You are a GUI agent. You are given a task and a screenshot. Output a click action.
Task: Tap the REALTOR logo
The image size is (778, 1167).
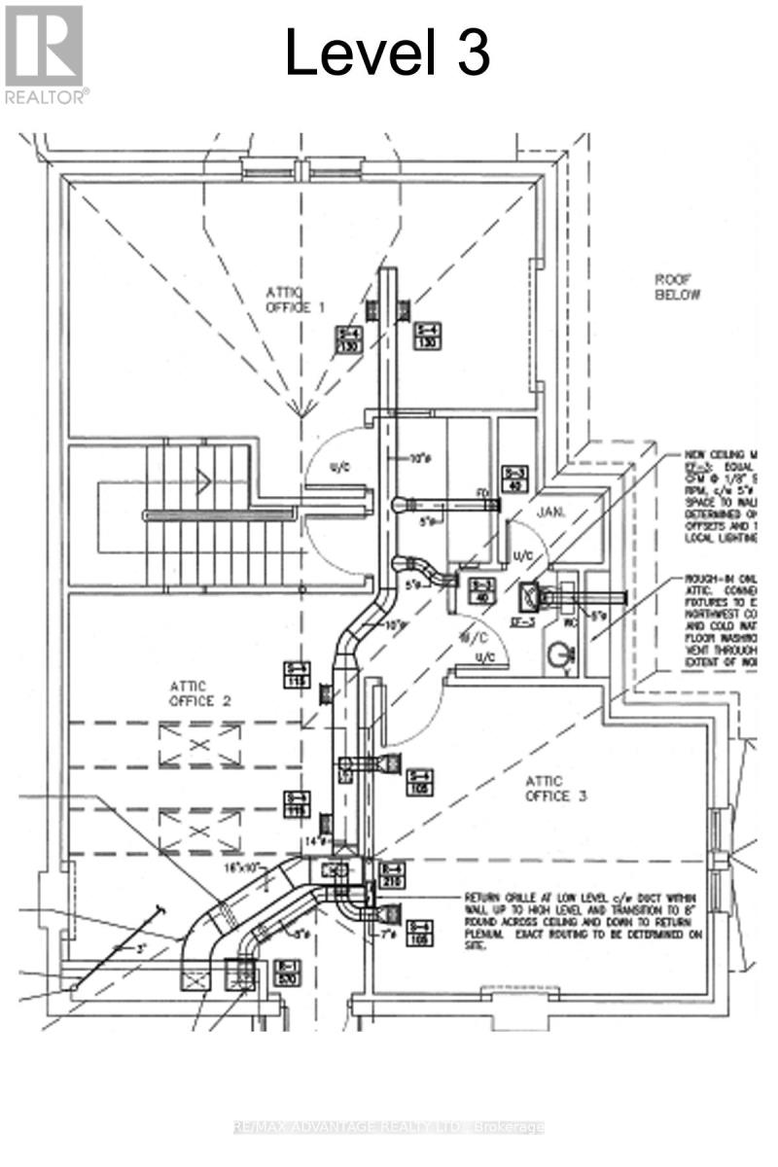click(45, 53)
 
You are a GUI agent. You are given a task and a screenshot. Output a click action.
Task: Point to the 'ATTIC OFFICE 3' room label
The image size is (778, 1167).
click(555, 788)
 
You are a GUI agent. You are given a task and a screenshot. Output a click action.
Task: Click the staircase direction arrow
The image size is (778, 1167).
click(201, 478)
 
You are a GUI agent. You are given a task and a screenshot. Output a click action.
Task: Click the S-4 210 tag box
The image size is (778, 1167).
click(391, 874)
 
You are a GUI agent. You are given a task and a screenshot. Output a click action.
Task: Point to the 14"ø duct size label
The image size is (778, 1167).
click(313, 838)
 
